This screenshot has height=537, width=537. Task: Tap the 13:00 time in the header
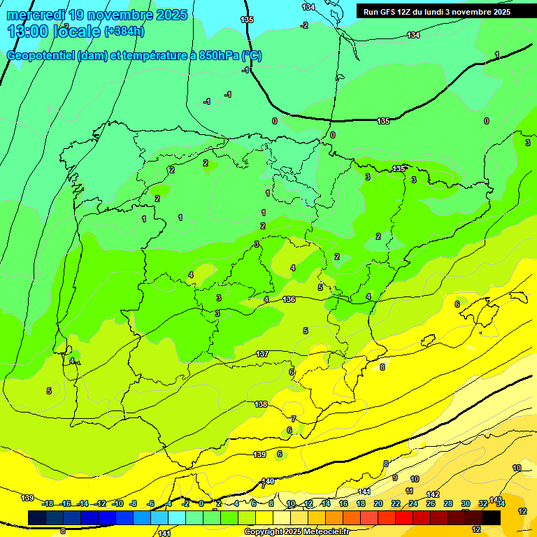point(28,31)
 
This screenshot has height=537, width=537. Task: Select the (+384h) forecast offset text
point(124,31)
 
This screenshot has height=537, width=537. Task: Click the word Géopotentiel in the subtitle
point(41,56)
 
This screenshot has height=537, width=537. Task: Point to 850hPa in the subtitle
point(219,56)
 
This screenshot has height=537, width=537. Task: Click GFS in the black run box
point(389,12)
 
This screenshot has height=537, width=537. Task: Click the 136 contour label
point(289,299)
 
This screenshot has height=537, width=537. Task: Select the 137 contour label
point(262,354)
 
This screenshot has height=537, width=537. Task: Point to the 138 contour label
point(261,404)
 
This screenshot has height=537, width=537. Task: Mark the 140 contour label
point(267,481)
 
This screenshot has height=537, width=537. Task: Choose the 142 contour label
point(433,494)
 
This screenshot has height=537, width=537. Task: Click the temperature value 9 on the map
point(395,478)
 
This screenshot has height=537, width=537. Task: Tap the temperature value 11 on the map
point(410,491)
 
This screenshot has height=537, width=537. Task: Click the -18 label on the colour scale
point(48,503)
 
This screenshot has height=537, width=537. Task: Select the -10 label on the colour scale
point(118,503)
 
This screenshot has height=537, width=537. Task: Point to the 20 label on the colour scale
point(378,503)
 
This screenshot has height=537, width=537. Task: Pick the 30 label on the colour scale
point(466,503)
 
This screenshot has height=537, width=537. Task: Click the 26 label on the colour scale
point(431,503)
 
